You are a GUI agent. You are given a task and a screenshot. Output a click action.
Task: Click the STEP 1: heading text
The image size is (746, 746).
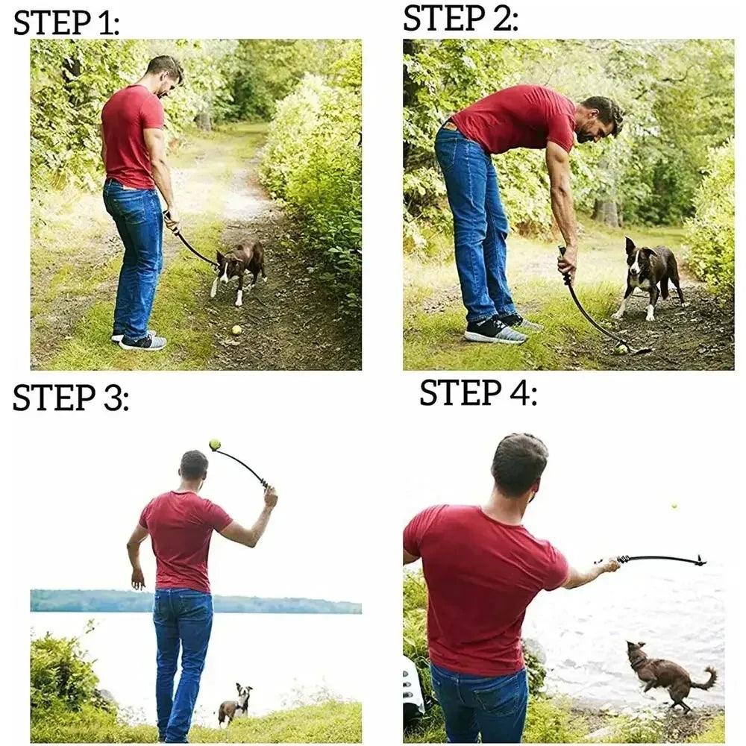click(66, 23)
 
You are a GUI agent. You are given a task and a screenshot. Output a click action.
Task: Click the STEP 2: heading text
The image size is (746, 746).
click(460, 19)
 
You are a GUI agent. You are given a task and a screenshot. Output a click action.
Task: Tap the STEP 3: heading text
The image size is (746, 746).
click(70, 398)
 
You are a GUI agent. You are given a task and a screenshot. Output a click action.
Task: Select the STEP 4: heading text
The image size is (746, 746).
click(477, 392)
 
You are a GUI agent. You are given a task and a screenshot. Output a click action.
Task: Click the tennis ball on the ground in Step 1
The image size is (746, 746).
click(236, 329)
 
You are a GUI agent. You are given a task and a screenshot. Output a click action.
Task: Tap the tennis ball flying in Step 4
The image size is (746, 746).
click(674, 506)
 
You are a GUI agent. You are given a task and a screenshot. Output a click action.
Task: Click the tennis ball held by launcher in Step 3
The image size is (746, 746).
click(215, 445)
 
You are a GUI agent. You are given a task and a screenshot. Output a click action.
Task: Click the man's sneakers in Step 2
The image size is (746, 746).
click(500, 328)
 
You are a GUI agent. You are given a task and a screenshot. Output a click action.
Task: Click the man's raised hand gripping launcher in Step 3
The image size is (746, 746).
click(270, 495)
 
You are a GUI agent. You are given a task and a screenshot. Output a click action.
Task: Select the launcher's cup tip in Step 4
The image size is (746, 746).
click(699, 560)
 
